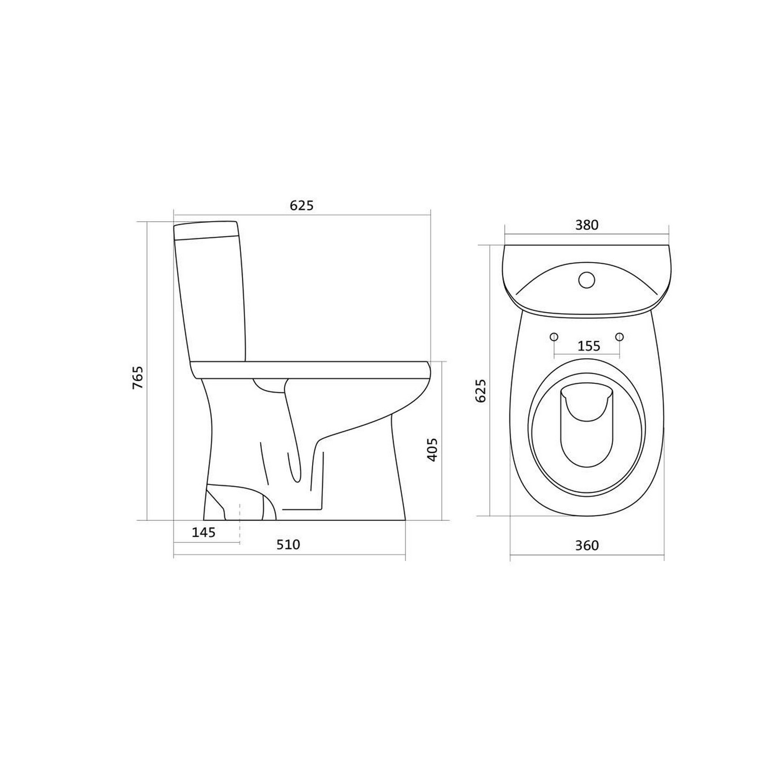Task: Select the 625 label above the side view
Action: [302, 206]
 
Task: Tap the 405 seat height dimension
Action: [432, 449]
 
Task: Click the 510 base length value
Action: [288, 544]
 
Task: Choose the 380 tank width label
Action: [586, 225]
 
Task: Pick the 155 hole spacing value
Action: [588, 345]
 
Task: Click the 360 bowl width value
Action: [587, 545]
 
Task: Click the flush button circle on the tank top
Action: [586, 280]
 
